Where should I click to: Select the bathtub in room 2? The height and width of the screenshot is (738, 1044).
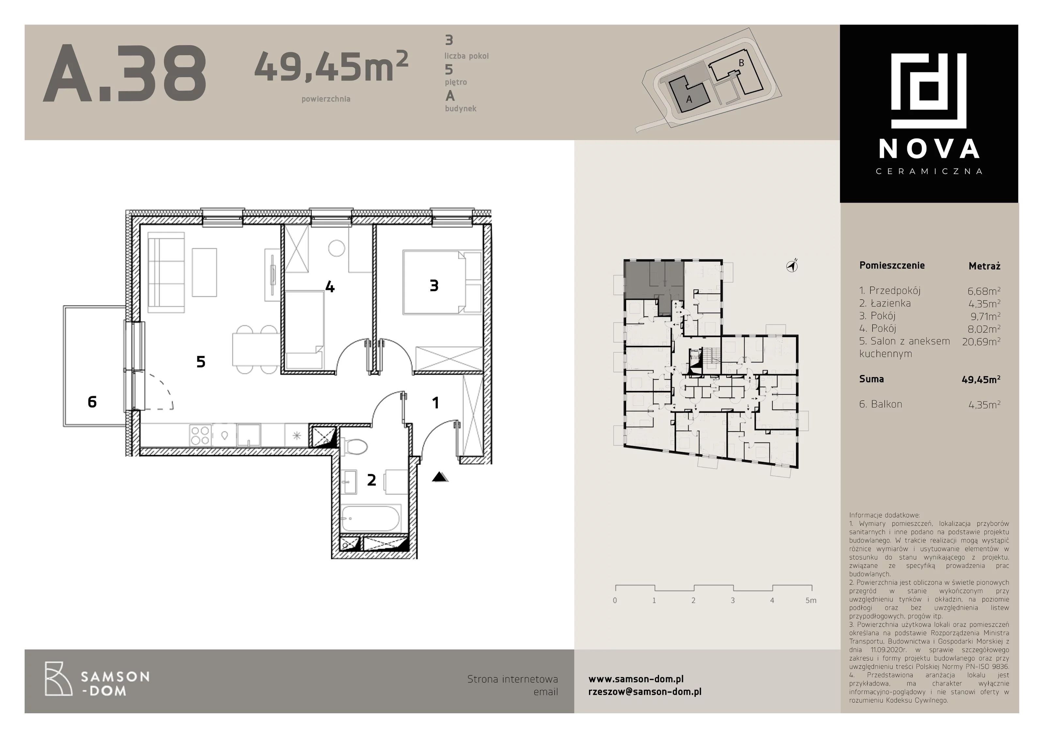(371, 519)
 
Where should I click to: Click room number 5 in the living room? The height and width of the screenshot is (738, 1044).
(201, 362)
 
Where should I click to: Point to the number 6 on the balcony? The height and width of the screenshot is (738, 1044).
(92, 402)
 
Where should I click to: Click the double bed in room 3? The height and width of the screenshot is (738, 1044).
(442, 282)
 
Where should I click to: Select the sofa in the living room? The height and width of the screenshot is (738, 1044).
(166, 273)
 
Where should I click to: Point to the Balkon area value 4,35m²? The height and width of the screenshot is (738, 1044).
(984, 404)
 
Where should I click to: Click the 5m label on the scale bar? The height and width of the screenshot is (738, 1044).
(811, 600)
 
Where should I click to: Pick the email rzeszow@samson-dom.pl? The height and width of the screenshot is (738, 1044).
(645, 692)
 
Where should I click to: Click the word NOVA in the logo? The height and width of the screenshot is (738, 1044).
(929, 149)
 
